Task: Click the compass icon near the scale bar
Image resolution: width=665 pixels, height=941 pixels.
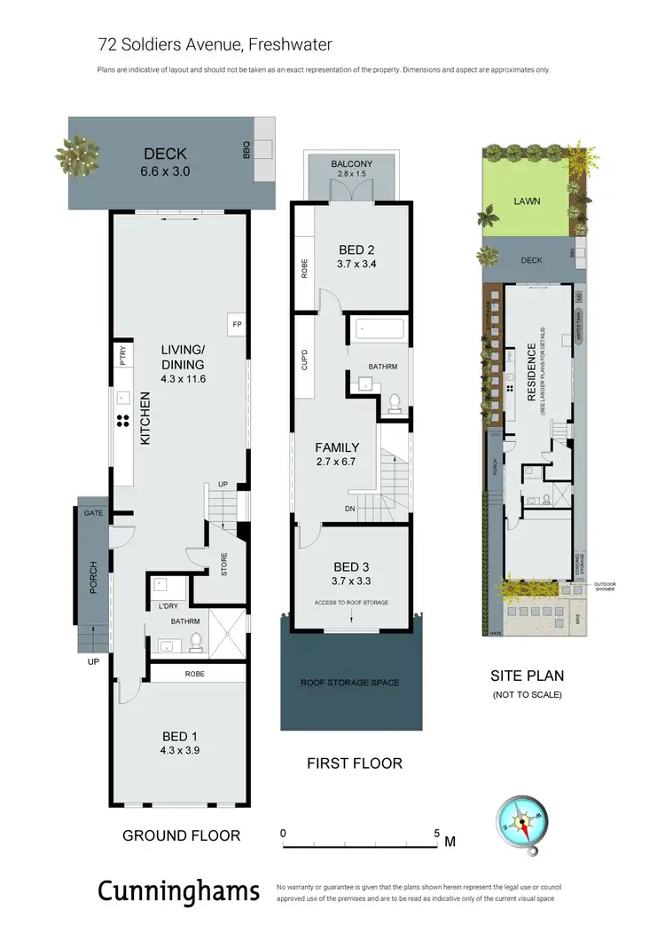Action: [517, 824]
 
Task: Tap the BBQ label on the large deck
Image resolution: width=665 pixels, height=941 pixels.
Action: [246, 152]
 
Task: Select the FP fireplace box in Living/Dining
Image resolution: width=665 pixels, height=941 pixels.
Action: [237, 325]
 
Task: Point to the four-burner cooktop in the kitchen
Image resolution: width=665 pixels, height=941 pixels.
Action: [123, 422]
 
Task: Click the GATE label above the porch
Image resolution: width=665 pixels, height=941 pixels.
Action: [93, 514]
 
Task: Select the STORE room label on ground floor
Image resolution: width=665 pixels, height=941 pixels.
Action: [223, 565]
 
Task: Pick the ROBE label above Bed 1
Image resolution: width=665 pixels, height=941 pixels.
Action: [196, 674]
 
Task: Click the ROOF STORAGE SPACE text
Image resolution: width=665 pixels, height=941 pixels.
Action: [351, 683]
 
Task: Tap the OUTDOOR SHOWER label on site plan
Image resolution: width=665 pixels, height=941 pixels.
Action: [607, 587]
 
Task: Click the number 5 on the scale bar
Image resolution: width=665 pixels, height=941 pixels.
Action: [436, 834]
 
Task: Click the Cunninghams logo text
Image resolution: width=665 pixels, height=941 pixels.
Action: [178, 890]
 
